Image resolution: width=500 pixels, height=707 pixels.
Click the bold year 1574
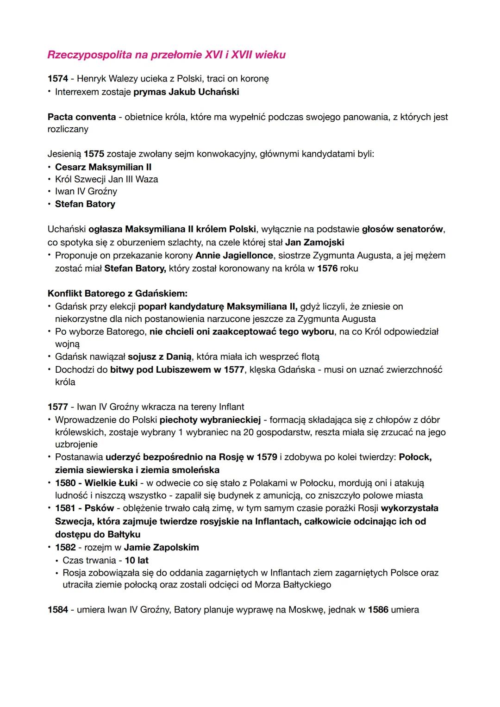pyautogui.click(x=58, y=79)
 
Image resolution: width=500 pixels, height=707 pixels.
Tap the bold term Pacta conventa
pyautogui.click(x=81, y=117)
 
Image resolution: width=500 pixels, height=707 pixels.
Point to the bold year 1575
pyautogui.click(x=94, y=154)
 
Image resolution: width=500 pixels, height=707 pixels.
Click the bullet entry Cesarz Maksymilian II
pyautogui.click(x=103, y=167)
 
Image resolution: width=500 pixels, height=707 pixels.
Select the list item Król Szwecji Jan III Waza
pyautogui.click(x=106, y=179)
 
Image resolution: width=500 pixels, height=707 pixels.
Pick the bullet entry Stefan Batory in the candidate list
pyautogui.click(x=85, y=204)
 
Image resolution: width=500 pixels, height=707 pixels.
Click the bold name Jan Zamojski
pyautogui.click(x=314, y=242)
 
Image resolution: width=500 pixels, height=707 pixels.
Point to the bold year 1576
pyautogui.click(x=327, y=269)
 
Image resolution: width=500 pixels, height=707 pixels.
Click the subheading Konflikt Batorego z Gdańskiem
pyautogui.click(x=118, y=294)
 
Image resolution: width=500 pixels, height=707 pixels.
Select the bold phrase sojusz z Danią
pyautogui.click(x=160, y=357)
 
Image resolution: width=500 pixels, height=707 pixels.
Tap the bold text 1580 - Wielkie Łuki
pyautogui.click(x=96, y=483)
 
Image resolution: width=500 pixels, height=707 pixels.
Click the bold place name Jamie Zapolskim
pyautogui.click(x=162, y=547)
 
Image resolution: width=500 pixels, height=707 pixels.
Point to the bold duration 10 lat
pyautogui.click(x=137, y=560)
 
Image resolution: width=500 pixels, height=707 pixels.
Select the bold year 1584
pyautogui.click(x=58, y=610)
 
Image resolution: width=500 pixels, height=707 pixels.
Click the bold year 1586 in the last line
pyautogui.click(x=378, y=610)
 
